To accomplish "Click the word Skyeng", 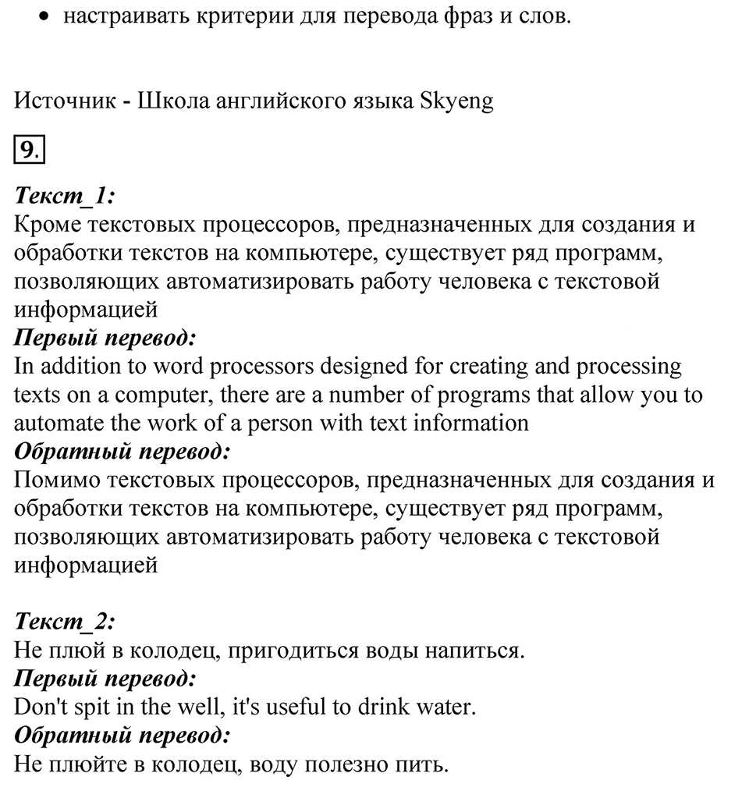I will tap(456, 101).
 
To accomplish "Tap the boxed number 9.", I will tap(28, 150).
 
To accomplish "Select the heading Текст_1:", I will tap(65, 196).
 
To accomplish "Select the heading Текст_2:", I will tap(65, 621).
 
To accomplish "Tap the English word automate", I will tap(55, 423).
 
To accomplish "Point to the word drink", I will tap(385, 707).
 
